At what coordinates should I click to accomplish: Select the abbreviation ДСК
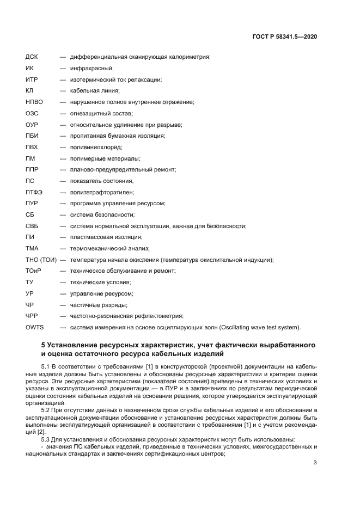click(x=32, y=57)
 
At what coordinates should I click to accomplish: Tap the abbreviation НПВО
click(x=34, y=102)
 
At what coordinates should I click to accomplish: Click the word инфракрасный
click(x=91, y=69)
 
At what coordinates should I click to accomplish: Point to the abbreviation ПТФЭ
click(x=34, y=192)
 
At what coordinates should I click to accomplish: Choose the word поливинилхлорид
click(x=96, y=147)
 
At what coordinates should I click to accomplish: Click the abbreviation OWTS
click(x=34, y=327)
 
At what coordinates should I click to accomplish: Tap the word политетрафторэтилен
click(x=101, y=192)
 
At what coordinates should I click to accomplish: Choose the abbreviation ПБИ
click(x=32, y=136)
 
